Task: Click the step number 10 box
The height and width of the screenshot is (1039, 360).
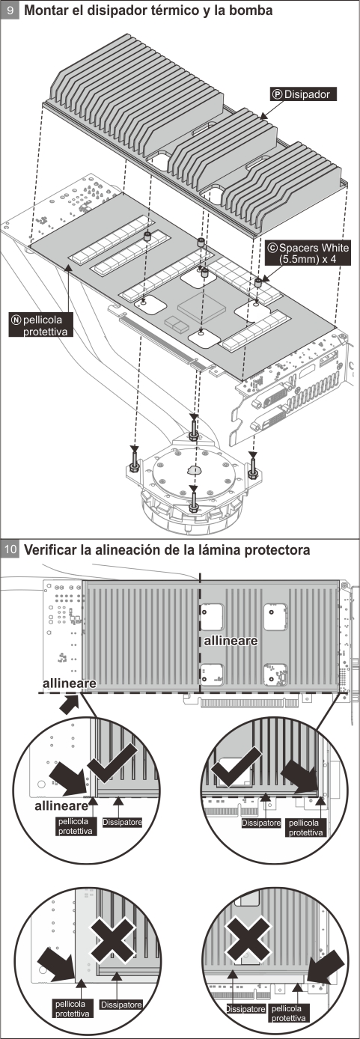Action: pos(11,549)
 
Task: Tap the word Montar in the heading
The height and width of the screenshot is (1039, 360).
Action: pos(48,11)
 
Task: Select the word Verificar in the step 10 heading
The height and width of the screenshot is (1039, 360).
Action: pos(53,549)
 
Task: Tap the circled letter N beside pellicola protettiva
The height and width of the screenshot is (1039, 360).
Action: pos(15,319)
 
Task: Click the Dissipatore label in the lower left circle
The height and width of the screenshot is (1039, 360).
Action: pos(120,1003)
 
